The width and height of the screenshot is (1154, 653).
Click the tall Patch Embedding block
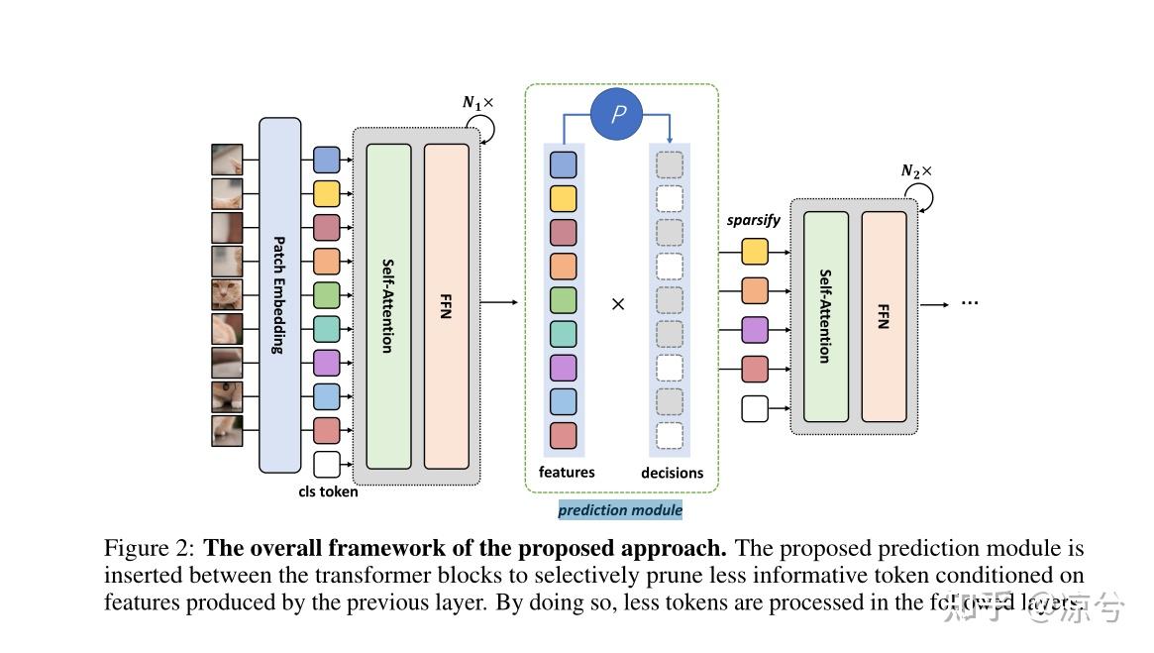coord(279,295)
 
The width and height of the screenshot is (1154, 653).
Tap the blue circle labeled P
coord(617,114)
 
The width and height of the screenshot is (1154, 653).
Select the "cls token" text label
coord(328,491)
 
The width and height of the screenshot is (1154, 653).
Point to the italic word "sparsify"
coord(753,220)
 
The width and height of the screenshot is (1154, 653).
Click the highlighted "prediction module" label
coord(620,510)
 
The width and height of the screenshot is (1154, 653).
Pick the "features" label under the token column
coord(567,473)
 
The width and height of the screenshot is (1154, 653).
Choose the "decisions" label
coord(672,474)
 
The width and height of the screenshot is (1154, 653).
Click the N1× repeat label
coord(477,103)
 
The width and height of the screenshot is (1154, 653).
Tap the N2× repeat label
coord(915,170)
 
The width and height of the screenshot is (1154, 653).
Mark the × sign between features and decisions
coord(618,304)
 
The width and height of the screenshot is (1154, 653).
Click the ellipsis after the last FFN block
coord(969,301)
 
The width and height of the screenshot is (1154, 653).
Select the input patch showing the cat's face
coord(227,294)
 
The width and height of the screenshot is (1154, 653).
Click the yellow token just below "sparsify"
coord(755,252)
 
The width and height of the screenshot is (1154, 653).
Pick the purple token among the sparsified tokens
coord(755,330)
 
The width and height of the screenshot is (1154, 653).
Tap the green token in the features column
coord(564,299)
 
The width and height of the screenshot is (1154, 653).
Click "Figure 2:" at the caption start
coord(151,549)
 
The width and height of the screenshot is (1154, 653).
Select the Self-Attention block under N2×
coord(826,316)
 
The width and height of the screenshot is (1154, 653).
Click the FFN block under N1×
coord(446,306)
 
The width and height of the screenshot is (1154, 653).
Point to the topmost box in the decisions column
coord(670,164)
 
